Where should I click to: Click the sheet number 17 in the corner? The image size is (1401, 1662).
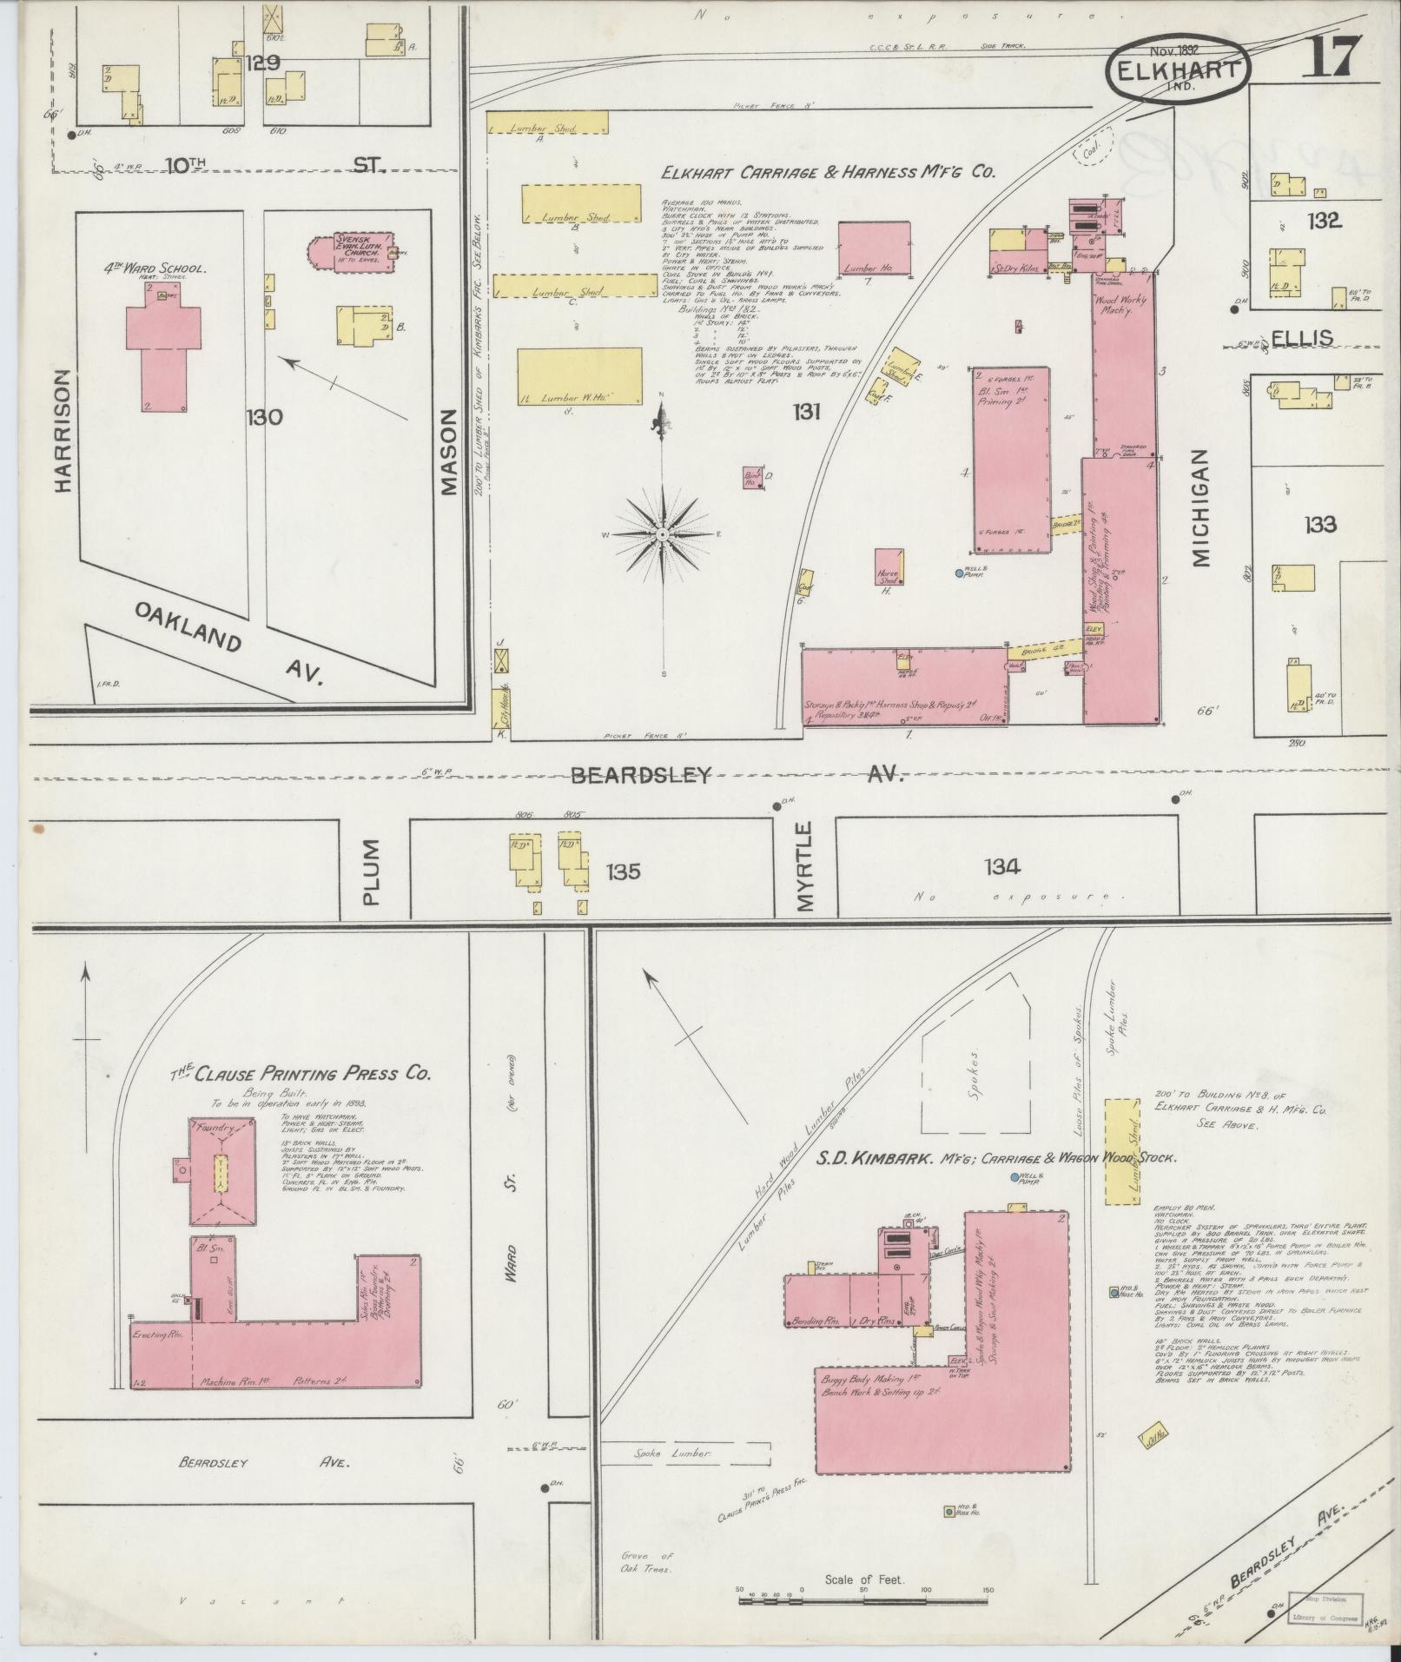click(1329, 58)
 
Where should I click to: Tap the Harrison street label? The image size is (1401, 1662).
click(61, 431)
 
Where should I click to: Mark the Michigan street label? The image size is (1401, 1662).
click(1201, 508)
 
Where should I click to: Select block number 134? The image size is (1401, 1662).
click(1001, 866)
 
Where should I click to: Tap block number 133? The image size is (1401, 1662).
click(1319, 524)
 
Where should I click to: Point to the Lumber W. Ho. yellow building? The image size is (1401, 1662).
click(580, 376)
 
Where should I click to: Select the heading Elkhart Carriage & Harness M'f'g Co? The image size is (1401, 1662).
click(828, 174)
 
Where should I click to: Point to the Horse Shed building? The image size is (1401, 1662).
click(889, 566)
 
